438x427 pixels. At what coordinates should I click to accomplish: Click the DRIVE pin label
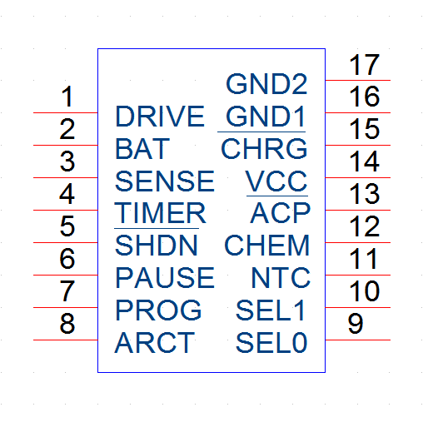[160, 117]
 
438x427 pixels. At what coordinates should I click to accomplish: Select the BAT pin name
[142, 148]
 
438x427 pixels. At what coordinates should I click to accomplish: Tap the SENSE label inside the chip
[165, 181]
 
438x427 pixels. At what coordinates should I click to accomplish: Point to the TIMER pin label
[160, 213]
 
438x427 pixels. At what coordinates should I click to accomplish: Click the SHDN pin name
[157, 246]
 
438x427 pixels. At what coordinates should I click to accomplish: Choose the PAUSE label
[165, 278]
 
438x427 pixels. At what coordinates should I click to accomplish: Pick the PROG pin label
[158, 310]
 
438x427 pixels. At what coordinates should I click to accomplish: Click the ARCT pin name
[155, 342]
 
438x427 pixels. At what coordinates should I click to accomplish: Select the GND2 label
[266, 84]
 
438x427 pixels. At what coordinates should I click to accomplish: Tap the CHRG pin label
[264, 148]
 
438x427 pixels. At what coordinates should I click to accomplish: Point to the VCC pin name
[276, 181]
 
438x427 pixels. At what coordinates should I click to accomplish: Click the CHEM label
[267, 246]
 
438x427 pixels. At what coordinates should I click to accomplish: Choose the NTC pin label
[281, 278]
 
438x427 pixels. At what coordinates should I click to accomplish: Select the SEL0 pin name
[271, 342]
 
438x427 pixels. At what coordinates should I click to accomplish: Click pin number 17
[364, 65]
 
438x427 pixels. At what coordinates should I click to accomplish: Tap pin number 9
[356, 324]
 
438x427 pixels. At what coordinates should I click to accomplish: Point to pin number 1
[67, 97]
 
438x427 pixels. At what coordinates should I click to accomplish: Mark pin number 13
[364, 194]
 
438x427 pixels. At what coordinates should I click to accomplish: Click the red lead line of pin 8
[66, 340]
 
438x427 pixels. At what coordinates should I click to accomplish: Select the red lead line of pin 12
[358, 243]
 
